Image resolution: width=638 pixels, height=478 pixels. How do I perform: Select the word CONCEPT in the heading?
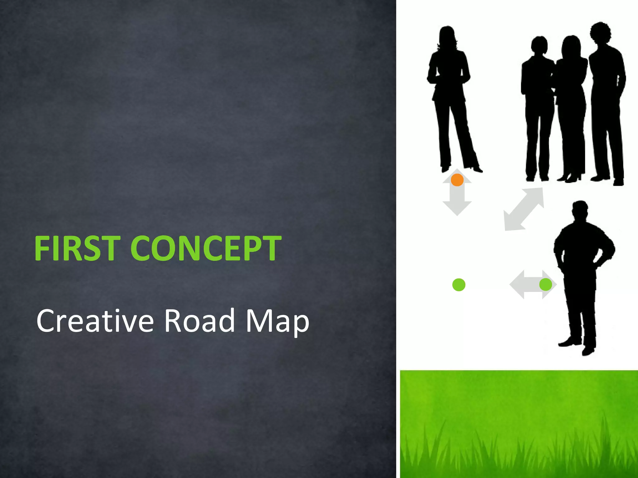click(206, 248)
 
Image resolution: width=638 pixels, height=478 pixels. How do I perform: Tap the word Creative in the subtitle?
click(95, 321)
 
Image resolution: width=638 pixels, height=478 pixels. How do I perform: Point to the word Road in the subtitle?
click(199, 321)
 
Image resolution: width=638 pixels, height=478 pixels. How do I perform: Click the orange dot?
click(457, 180)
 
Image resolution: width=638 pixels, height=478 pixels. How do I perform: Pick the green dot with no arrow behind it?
click(459, 285)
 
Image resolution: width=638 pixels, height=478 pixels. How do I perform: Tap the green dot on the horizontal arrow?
click(545, 284)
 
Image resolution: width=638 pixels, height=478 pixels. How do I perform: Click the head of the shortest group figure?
click(539, 46)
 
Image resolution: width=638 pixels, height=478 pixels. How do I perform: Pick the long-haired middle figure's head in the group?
click(571, 47)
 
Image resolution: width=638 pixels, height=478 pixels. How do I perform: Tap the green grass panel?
click(519, 423)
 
